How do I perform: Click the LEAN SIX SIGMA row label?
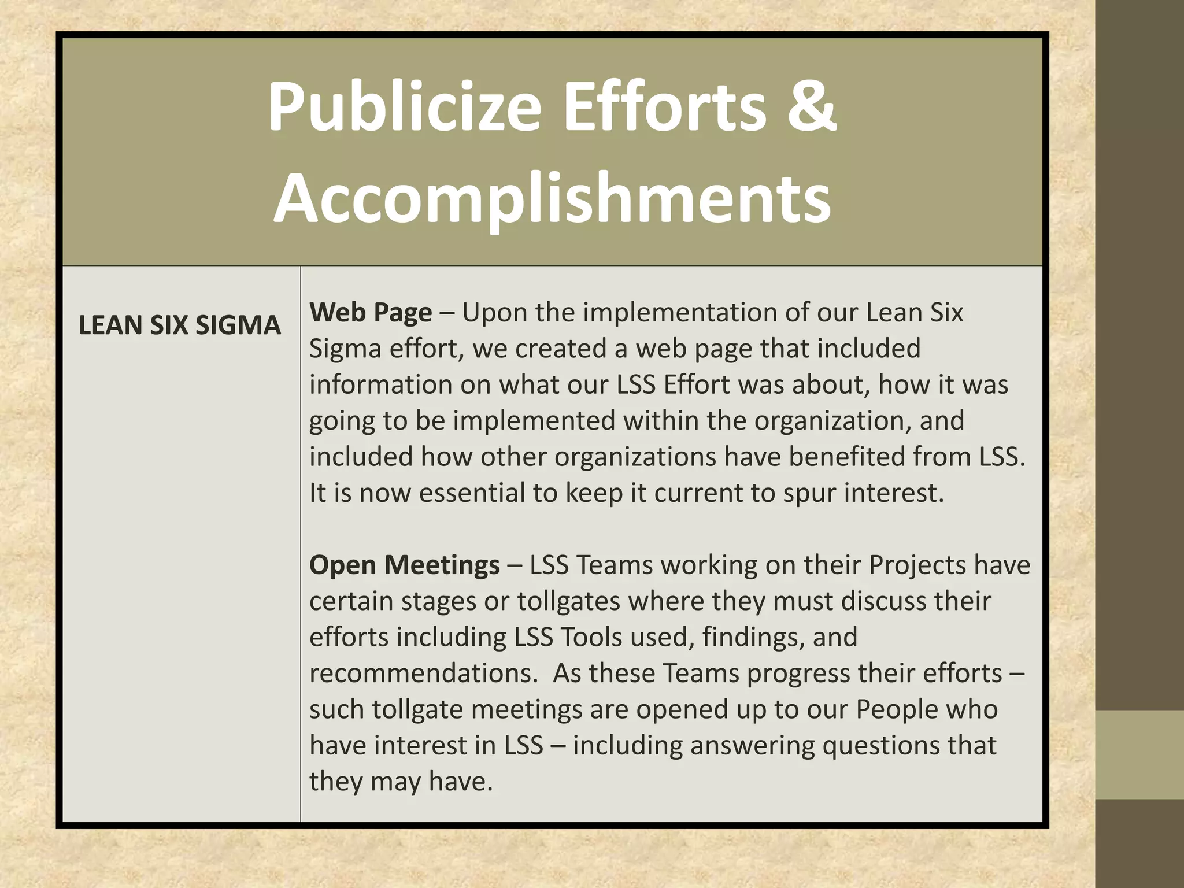(x=180, y=325)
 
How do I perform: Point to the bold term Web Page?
(x=371, y=312)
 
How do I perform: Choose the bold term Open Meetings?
(x=405, y=564)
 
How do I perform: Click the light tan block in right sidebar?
(x=1139, y=754)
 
